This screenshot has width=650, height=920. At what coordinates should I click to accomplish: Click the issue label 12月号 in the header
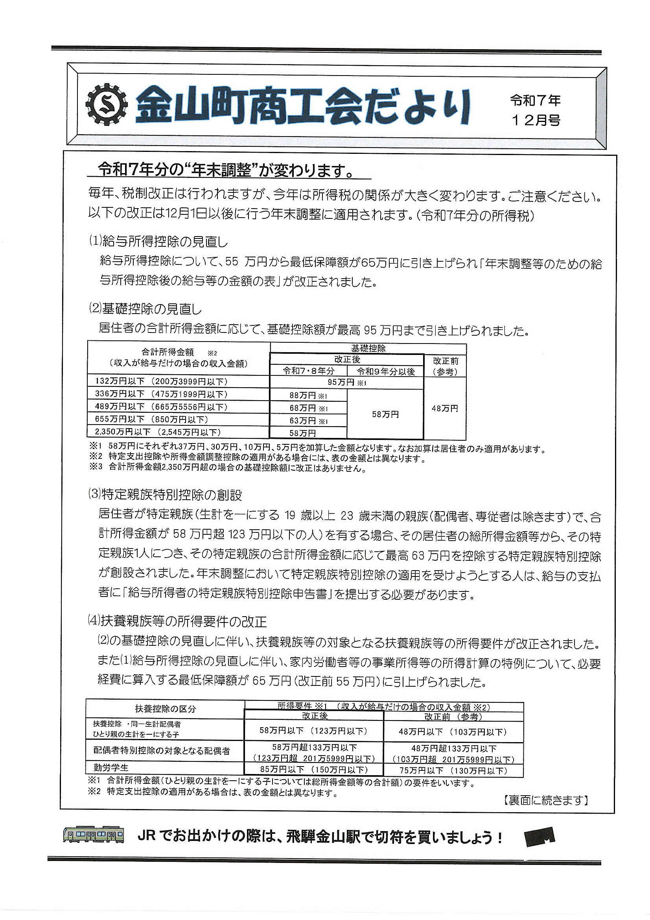tap(535, 120)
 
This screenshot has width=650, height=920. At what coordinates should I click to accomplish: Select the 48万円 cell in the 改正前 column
tap(446, 408)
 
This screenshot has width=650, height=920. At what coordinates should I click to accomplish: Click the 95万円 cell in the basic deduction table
tap(347, 382)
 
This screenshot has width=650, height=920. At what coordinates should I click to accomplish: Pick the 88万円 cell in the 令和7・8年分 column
tap(308, 395)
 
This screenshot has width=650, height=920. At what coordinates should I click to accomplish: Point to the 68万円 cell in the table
tap(308, 408)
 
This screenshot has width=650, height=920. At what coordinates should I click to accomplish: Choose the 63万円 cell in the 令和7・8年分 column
tap(308, 420)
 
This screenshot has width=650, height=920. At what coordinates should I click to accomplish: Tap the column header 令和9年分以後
tap(385, 371)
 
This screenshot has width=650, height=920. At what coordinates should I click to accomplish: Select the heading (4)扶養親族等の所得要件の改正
tap(177, 622)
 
